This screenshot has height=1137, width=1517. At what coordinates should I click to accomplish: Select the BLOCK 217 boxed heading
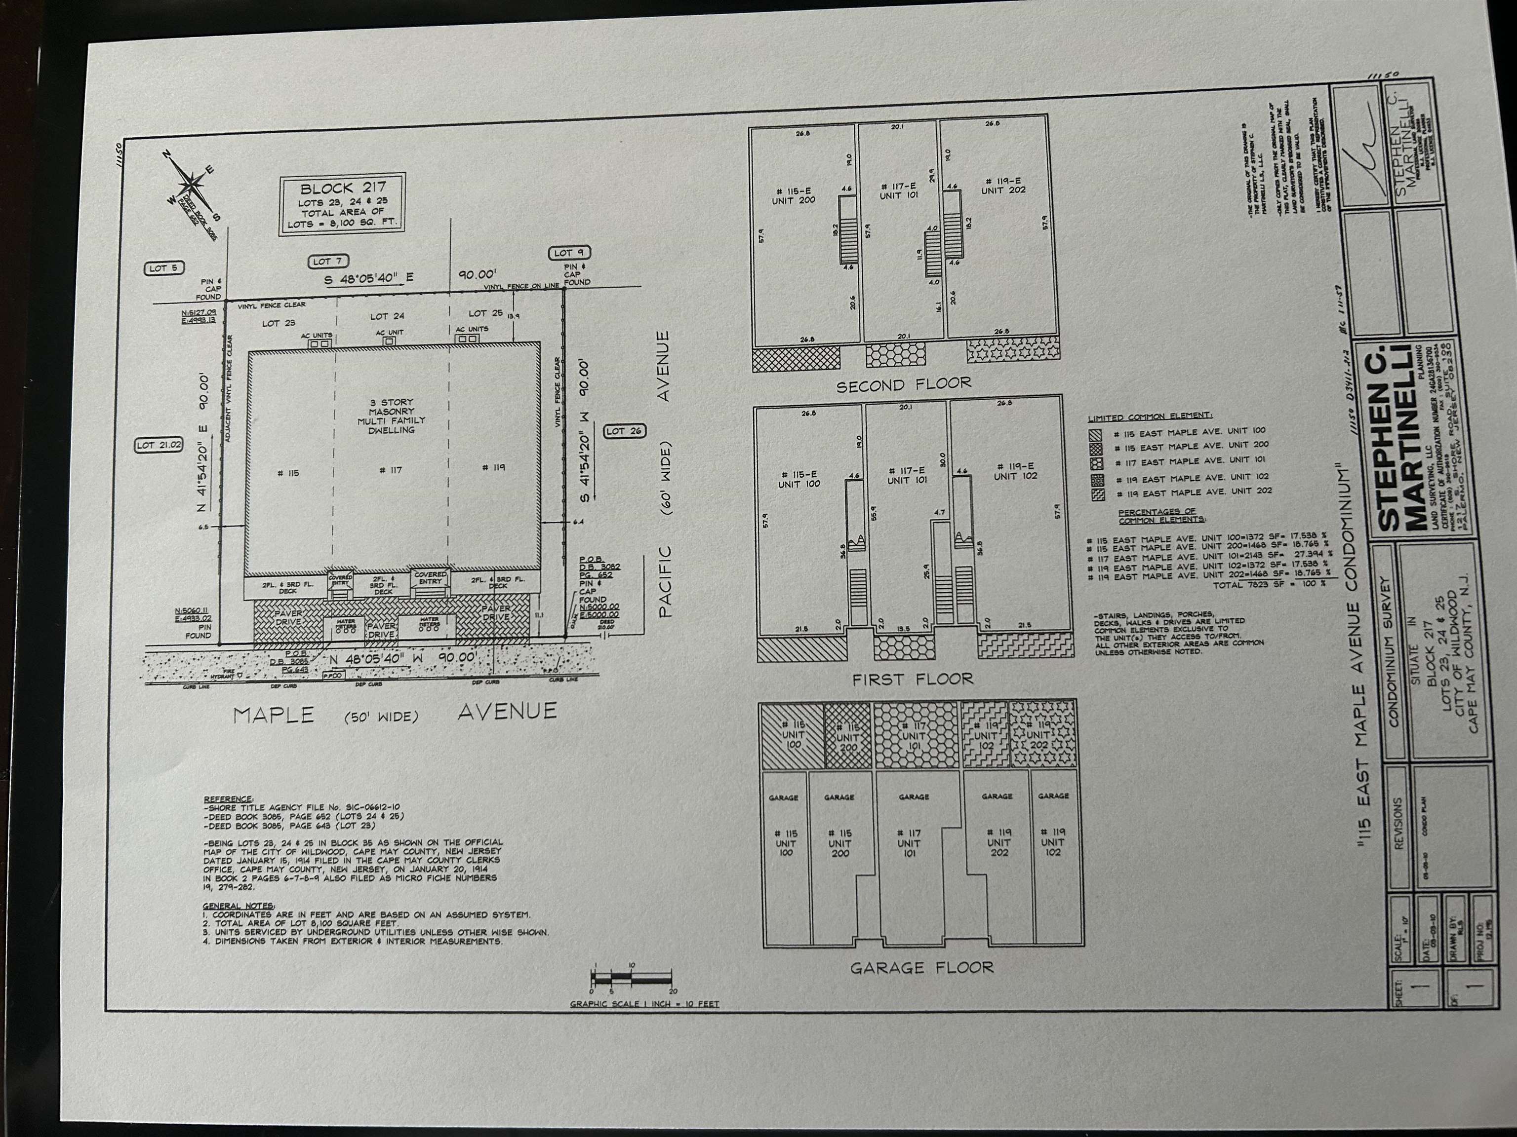point(343,188)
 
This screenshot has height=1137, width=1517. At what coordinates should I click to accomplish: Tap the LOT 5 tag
point(163,268)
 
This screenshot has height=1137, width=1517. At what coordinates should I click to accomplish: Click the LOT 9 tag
point(568,253)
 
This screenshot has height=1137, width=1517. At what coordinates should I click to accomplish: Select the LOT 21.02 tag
point(159,445)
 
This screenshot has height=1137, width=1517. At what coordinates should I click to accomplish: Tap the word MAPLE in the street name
point(274,716)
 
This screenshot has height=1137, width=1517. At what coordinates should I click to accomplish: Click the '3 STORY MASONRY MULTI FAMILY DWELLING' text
point(391,416)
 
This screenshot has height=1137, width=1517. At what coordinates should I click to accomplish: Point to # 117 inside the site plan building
point(390,470)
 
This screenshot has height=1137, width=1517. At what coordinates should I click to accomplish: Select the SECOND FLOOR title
point(903,385)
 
